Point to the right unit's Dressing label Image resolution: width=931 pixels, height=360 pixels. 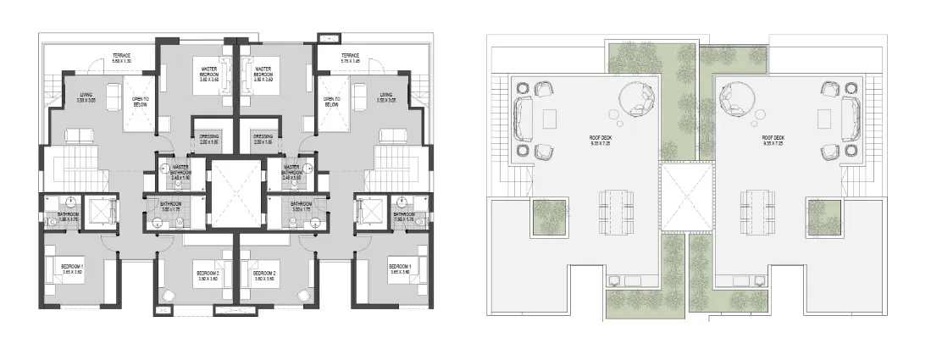(x=263, y=140)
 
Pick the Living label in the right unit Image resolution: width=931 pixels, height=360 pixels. (x=386, y=97)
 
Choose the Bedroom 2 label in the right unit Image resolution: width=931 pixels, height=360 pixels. (x=264, y=275)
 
